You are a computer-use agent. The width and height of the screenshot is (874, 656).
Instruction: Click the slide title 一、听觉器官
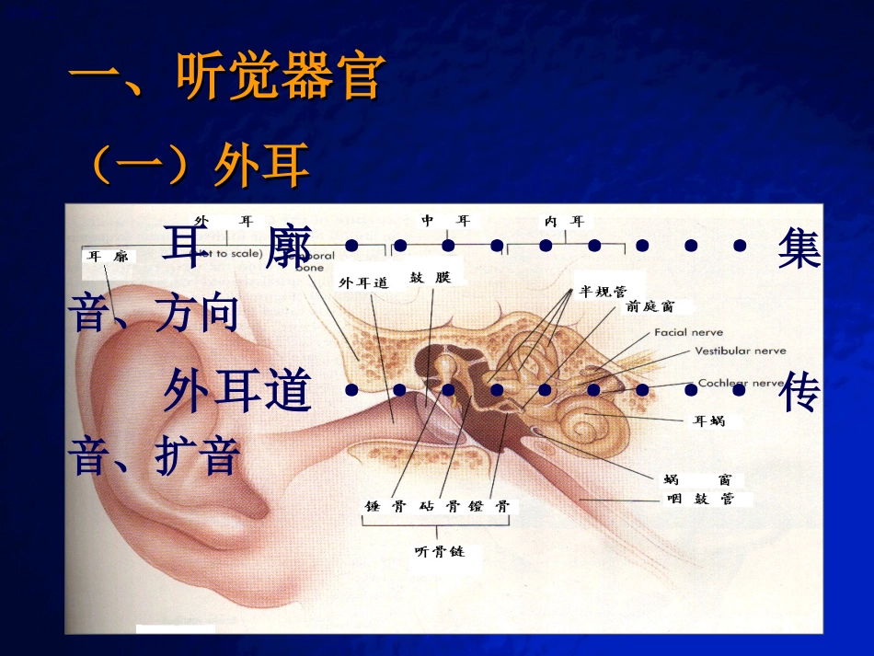[225, 77]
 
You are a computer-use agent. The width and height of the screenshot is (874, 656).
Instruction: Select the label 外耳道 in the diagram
[364, 283]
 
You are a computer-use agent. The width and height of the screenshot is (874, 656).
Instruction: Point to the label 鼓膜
[431, 277]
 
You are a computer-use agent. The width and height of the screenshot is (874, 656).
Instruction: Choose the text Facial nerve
[688, 332]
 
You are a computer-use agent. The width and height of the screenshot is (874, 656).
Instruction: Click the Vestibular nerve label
[740, 351]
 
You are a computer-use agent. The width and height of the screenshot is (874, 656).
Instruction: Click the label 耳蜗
[708, 421]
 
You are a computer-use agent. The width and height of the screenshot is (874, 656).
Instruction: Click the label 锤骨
[380, 507]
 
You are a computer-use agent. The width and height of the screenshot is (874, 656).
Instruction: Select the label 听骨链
[440, 552]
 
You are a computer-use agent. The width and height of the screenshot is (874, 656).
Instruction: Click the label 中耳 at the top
[445, 221]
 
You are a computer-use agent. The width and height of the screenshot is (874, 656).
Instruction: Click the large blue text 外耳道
[237, 393]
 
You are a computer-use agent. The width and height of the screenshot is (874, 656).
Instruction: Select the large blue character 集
[799, 249]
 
